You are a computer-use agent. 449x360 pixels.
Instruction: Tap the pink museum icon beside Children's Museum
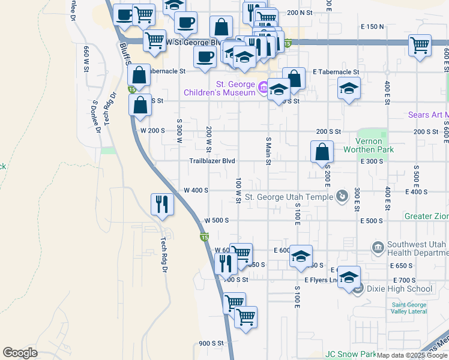(262, 89)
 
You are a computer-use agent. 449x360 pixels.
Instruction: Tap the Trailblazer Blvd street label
(212, 161)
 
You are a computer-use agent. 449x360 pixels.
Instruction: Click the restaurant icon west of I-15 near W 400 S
(162, 204)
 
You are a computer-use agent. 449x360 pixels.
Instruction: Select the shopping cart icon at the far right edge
(420, 45)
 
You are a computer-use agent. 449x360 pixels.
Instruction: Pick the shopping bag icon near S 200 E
(322, 151)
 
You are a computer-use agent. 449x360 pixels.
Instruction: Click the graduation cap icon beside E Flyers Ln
(349, 277)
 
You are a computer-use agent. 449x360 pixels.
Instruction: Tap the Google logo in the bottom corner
(20, 353)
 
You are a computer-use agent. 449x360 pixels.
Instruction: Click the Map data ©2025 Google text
(412, 355)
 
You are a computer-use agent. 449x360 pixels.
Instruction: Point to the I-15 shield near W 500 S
(204, 238)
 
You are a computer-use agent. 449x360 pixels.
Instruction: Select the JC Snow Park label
(350, 355)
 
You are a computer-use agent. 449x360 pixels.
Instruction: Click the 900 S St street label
(211, 344)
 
